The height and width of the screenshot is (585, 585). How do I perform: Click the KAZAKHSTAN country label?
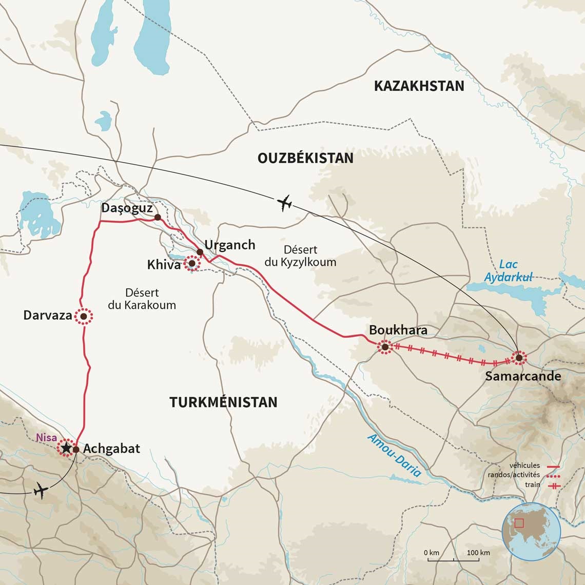tap(419, 86)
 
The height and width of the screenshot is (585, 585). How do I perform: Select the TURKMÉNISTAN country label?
tap(223, 402)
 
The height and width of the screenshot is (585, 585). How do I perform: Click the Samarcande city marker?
tap(518, 358)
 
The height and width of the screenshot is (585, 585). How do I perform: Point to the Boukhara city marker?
tap(385, 347)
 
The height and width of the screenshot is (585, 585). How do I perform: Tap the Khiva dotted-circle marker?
tap(192, 264)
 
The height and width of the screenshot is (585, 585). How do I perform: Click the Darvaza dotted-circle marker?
tap(83, 317)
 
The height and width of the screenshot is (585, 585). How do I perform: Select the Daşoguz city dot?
tap(158, 218)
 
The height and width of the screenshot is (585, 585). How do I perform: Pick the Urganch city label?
tap(229, 245)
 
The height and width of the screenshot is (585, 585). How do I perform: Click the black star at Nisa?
tap(66, 449)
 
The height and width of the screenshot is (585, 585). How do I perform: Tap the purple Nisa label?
tap(47, 438)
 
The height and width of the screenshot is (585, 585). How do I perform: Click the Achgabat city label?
tap(111, 449)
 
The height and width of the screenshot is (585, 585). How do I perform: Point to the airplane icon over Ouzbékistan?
tap(284, 203)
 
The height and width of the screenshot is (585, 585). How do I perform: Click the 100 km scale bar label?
tap(478, 553)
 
